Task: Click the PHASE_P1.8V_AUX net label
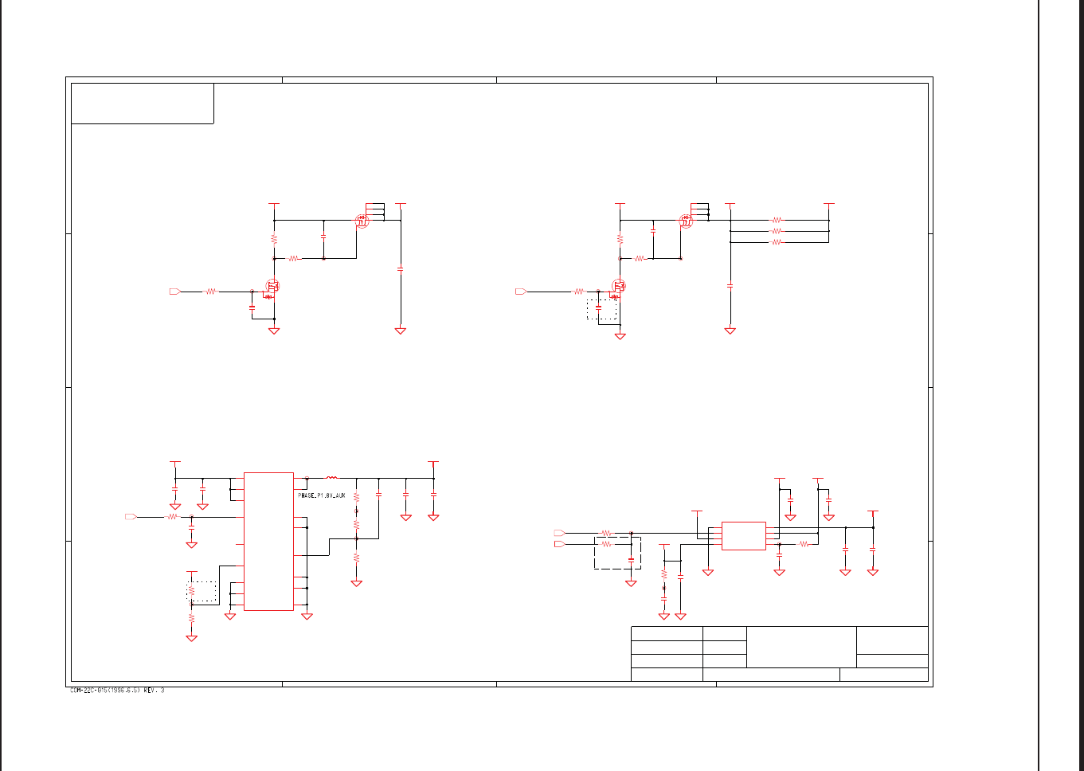(x=322, y=495)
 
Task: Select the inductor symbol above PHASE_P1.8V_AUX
(x=332, y=478)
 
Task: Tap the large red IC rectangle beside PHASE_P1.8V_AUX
(x=268, y=542)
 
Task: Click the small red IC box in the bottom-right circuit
(x=743, y=536)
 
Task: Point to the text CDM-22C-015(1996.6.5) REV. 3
(x=117, y=691)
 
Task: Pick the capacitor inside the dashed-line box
(x=631, y=560)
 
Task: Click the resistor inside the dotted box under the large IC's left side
(x=191, y=591)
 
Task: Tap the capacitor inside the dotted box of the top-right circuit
(x=598, y=307)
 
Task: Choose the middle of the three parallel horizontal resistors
(x=777, y=231)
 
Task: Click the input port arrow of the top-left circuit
(x=175, y=292)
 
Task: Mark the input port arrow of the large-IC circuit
(x=131, y=517)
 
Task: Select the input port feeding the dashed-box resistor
(x=559, y=544)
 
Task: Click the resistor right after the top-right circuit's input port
(x=579, y=292)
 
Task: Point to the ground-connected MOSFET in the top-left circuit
(x=272, y=287)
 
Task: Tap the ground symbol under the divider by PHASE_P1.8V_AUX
(x=356, y=583)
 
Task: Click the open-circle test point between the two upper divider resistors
(x=356, y=510)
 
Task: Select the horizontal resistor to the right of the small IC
(x=804, y=544)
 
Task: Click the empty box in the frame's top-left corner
(x=143, y=104)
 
